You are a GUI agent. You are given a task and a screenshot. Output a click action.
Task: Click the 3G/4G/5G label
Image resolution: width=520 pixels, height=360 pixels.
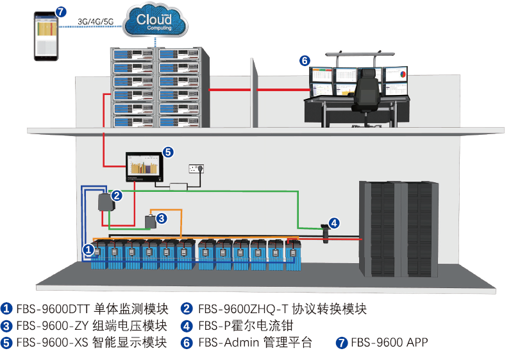pos(95,21)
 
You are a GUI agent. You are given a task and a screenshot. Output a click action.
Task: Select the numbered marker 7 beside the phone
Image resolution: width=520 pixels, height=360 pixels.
pos(60,12)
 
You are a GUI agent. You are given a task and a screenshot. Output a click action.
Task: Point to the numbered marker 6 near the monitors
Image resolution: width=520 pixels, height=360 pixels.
pos(305,61)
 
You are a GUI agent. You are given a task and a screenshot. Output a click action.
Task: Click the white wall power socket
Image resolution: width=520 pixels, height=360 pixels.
pos(197,169)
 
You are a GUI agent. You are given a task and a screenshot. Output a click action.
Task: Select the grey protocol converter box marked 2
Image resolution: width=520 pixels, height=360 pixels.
pos(105,204)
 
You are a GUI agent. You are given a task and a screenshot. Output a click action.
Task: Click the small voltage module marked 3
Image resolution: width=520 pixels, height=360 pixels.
pos(152,221)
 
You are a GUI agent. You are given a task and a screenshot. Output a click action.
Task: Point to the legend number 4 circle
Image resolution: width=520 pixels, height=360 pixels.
pos(187,325)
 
